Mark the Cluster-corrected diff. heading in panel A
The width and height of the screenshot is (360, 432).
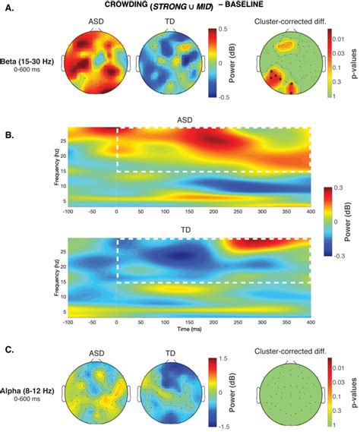pos(288,23)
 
